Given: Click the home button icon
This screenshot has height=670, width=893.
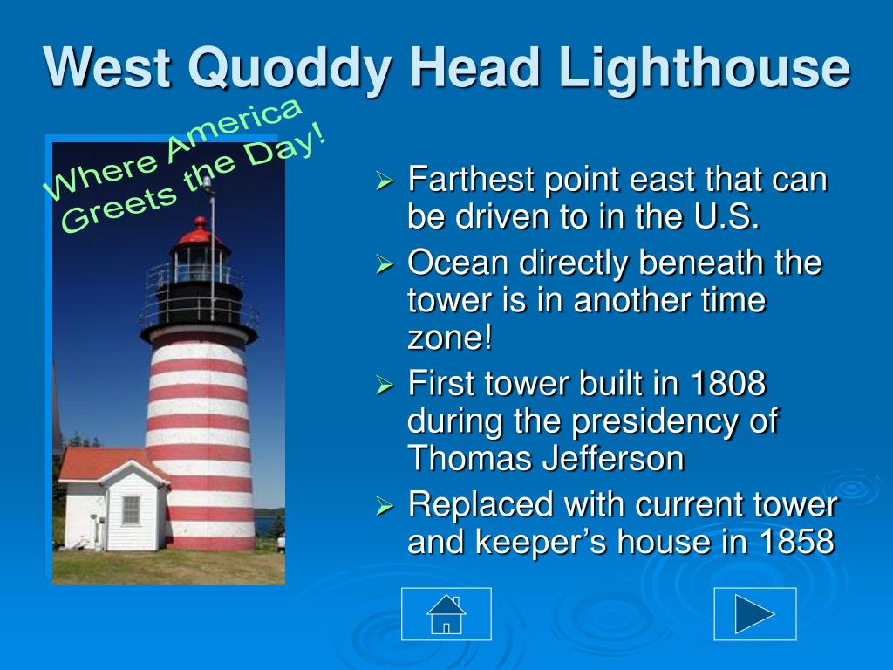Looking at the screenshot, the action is [446, 614].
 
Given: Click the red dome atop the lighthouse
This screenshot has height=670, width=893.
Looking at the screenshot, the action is [200, 230].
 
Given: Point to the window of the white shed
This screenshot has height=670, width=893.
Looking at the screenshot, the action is [131, 509].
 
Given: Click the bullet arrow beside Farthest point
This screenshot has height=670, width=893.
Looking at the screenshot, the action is [385, 181].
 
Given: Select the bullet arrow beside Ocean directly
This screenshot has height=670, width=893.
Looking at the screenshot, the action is [385, 264].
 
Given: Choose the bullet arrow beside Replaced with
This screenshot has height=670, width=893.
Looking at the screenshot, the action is [385, 506].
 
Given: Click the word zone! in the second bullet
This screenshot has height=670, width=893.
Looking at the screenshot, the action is [450, 338].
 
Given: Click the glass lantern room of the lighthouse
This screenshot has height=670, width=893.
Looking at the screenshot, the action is [200, 263].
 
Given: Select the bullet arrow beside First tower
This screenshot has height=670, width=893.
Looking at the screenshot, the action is [385, 385].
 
